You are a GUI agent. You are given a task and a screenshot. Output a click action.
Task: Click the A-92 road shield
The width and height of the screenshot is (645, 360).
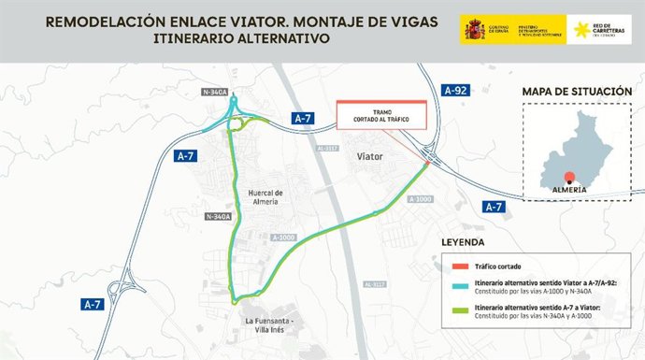click(456, 90)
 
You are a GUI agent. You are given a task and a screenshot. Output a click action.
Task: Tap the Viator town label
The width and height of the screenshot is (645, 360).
click(370, 158)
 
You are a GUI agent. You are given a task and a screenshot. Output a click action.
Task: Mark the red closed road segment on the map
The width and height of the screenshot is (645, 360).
click(426, 166)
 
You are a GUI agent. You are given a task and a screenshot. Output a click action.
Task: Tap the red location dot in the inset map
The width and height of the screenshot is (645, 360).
click(568, 175)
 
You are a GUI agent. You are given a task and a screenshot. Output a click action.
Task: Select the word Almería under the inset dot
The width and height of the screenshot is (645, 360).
click(568, 189)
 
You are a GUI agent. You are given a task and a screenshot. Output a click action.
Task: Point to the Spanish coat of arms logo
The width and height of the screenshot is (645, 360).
click(473, 30)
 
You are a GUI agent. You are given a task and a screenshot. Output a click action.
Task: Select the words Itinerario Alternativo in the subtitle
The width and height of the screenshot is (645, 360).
click(243, 39)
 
